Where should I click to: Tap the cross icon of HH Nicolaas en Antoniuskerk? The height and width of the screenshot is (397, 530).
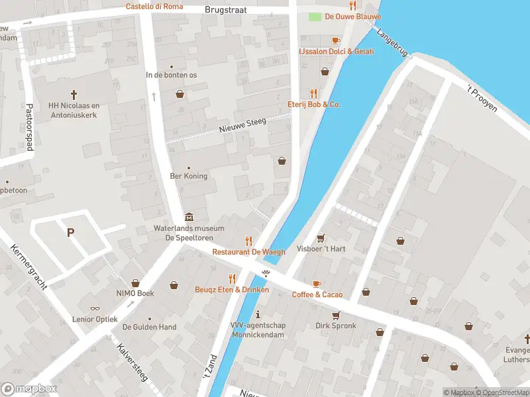click(74, 95)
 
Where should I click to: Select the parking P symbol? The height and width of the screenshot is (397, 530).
click(70, 232)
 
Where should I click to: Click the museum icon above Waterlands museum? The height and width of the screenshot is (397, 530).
click(189, 218)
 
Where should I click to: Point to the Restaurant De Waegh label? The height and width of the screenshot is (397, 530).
click(248, 252)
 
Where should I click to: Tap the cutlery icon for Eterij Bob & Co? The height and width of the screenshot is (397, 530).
click(314, 93)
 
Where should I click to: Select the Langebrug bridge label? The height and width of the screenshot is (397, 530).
click(391, 42)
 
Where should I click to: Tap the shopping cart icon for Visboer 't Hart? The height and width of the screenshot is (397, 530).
click(321, 238)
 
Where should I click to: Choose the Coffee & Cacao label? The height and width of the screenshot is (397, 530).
click(317, 294)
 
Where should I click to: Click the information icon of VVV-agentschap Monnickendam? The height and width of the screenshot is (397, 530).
click(258, 314)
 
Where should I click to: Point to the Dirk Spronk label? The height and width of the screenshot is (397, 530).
click(335, 326)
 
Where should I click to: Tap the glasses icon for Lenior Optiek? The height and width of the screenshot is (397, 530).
click(95, 308)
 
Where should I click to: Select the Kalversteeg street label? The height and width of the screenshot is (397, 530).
click(132, 363)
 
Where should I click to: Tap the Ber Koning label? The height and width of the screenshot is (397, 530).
click(189, 176)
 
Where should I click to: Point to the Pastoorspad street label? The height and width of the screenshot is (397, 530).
click(29, 127)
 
